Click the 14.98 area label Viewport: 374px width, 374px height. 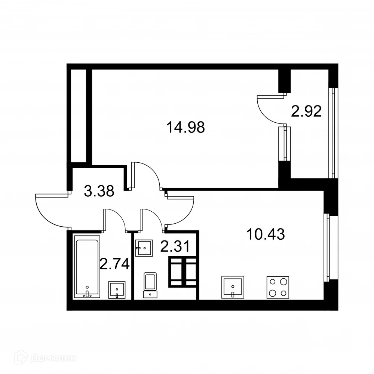pyautogui.click(x=186, y=128)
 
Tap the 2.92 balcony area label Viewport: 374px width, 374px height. pyautogui.click(x=307, y=111)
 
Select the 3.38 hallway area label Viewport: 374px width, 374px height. pyautogui.click(x=99, y=191)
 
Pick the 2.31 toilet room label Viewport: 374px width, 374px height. pyautogui.click(x=175, y=246)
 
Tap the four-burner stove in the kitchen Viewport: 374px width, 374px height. pyautogui.click(x=278, y=287)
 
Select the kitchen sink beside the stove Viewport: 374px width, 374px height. pyautogui.click(x=233, y=287)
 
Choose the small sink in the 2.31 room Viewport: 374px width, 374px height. pyautogui.click(x=144, y=248)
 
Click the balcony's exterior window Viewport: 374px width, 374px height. pyautogui.click(x=331, y=133)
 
